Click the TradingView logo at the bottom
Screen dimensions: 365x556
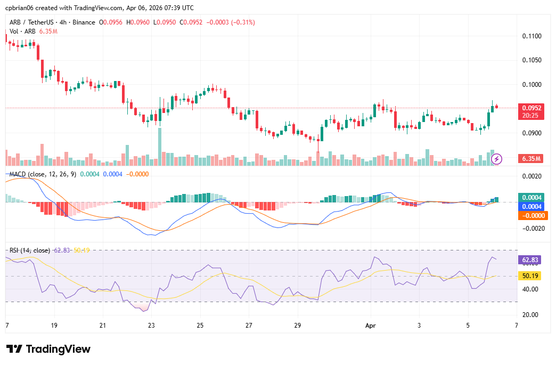(x=48, y=349)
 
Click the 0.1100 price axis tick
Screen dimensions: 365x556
(x=532, y=36)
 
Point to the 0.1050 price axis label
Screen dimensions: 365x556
(x=532, y=60)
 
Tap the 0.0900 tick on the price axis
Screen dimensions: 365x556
(x=532, y=133)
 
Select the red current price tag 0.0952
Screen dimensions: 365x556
(x=532, y=107)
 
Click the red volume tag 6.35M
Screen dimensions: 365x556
(x=532, y=159)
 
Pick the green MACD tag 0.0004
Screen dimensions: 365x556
(x=532, y=197)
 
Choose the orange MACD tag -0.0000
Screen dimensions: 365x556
(x=532, y=216)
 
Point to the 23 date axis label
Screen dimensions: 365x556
(x=151, y=325)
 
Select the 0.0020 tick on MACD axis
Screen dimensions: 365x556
(x=532, y=176)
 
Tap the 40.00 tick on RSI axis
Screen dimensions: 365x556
(x=531, y=289)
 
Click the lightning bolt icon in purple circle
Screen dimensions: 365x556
(x=496, y=158)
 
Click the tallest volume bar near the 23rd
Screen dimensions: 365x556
(x=159, y=147)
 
